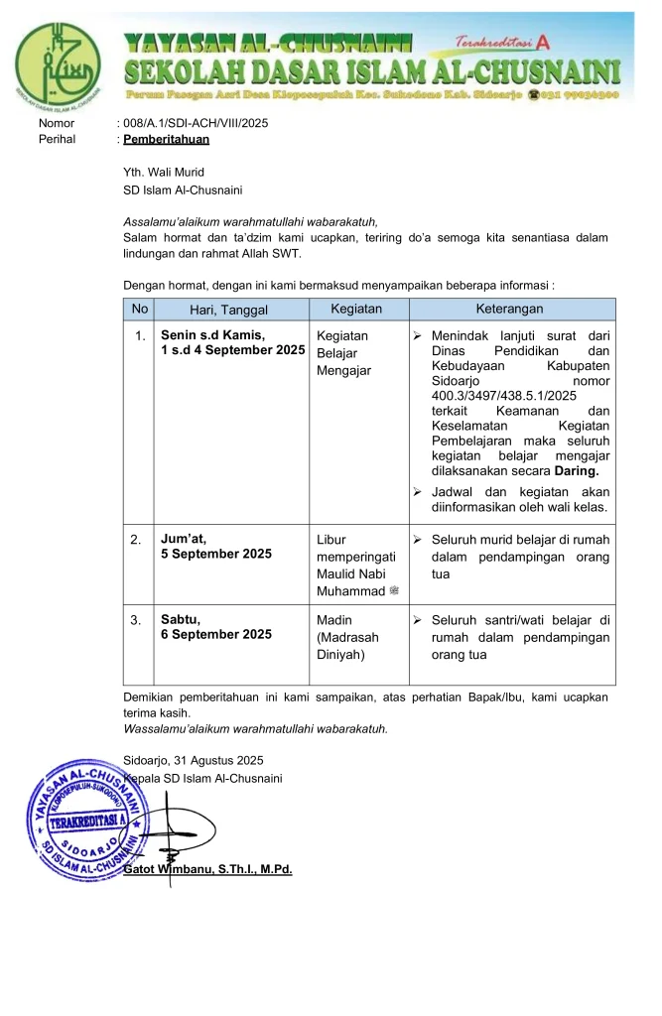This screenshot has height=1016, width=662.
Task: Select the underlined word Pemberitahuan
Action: tap(166, 139)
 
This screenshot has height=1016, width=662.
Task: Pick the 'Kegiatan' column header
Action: tap(356, 309)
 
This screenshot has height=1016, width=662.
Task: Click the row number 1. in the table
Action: tap(139, 335)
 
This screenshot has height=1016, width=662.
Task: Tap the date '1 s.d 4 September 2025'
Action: tap(232, 350)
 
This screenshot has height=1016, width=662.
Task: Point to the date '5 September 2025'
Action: tap(215, 554)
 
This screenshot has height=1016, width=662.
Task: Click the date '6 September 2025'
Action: tap(215, 634)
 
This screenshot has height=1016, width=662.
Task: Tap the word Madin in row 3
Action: tap(333, 619)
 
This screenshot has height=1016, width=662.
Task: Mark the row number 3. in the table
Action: tap(139, 619)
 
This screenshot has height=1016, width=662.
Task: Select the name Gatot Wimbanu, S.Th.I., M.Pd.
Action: tap(207, 869)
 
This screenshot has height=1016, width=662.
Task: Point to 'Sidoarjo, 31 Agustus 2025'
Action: tap(193, 760)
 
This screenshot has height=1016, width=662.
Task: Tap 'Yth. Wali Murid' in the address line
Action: tap(163, 172)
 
